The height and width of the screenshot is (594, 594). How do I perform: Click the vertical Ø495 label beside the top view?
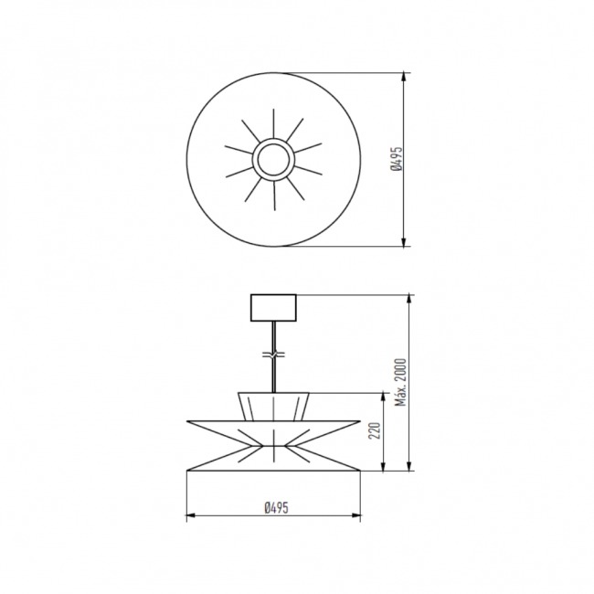pos(397,159)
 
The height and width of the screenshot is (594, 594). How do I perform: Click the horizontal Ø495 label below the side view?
pos(277,507)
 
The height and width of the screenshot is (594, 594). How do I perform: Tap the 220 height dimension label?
pos(375,431)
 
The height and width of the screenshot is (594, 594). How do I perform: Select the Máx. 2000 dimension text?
pos(400,382)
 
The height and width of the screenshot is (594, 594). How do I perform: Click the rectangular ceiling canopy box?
pos(273,308)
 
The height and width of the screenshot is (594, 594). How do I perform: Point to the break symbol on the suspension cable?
pos(273,355)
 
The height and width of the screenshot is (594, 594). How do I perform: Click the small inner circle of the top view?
pos(273,160)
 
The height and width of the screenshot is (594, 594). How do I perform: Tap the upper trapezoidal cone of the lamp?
pos(273,407)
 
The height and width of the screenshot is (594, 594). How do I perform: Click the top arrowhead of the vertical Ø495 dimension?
pos(406,77)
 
